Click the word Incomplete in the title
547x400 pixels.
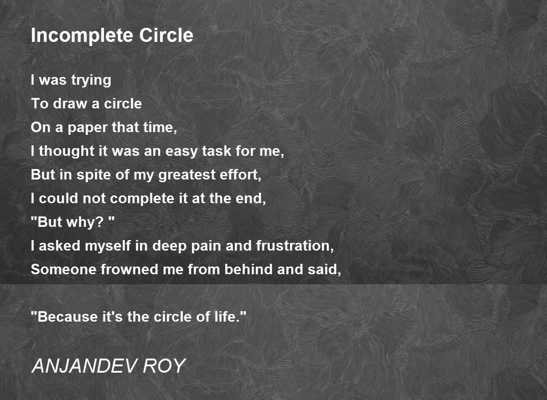click(x=82, y=36)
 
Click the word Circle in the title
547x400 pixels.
click(x=166, y=35)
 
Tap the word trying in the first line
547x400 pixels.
click(x=91, y=81)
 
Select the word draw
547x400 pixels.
click(x=70, y=103)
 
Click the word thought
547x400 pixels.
click(x=67, y=151)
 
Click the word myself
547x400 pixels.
click(x=108, y=246)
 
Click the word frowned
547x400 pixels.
click(x=129, y=269)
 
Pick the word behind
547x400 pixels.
click(x=248, y=269)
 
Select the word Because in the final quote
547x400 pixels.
click(x=67, y=317)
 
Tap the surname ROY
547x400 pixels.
click(x=165, y=366)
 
